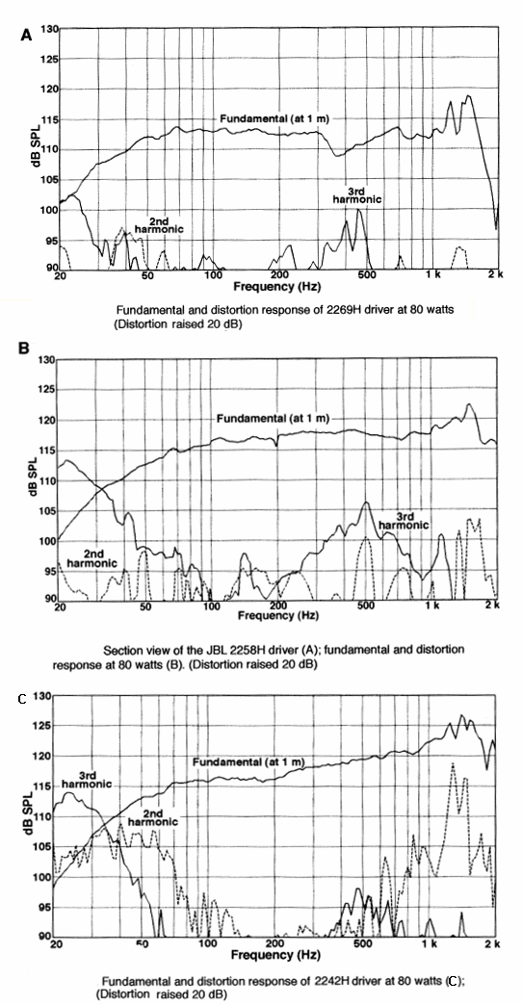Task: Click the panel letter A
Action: click(x=26, y=36)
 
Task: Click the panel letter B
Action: click(x=25, y=348)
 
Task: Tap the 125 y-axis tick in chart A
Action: click(x=49, y=59)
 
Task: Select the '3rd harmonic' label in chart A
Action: click(x=357, y=194)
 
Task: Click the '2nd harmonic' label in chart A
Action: click(x=158, y=223)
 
